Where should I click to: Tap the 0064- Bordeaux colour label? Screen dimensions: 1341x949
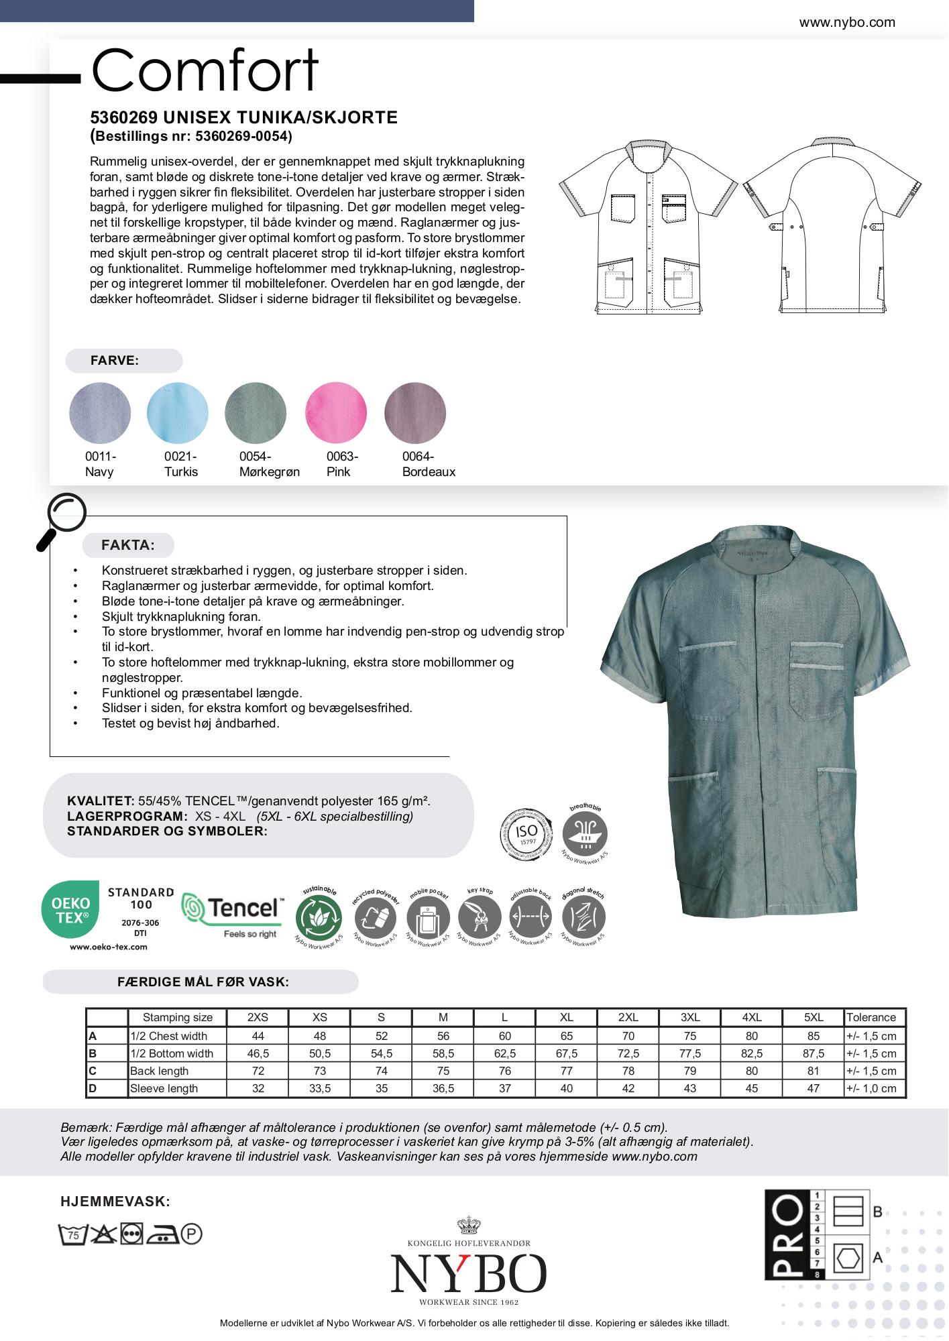click(428, 464)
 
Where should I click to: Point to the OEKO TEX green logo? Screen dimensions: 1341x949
click(70, 910)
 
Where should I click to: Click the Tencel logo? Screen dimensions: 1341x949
click(232, 915)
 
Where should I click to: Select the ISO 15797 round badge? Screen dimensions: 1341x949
click(527, 835)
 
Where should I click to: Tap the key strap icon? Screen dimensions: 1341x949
click(479, 917)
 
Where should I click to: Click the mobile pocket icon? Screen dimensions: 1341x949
click(427, 917)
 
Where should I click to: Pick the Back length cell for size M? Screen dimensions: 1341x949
click(443, 1071)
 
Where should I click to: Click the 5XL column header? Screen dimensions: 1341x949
click(813, 1017)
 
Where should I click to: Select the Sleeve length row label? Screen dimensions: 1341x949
click(164, 1088)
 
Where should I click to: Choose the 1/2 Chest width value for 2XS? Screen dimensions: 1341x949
click(258, 1036)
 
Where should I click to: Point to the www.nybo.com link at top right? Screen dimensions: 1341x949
click(846, 22)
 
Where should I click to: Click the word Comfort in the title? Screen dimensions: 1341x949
click(205, 70)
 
